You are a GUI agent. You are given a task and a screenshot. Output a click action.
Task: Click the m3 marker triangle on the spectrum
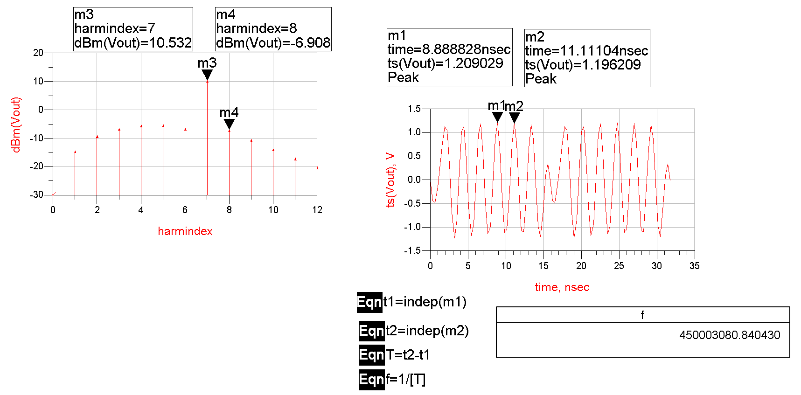click(x=207, y=75)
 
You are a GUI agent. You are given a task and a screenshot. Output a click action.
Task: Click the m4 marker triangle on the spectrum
click(x=229, y=124)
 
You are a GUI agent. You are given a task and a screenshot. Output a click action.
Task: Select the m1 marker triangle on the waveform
click(x=497, y=117)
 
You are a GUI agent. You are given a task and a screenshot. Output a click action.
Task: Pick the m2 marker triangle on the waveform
click(x=514, y=118)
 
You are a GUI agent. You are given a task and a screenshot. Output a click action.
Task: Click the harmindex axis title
click(x=185, y=231)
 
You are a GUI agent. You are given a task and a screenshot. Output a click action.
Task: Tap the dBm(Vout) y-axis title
click(x=16, y=125)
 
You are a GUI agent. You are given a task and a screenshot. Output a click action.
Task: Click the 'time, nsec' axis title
click(x=562, y=287)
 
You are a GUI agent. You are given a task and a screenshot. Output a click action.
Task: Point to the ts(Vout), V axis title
click(x=390, y=180)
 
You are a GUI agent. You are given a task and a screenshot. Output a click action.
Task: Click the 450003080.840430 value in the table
click(x=729, y=335)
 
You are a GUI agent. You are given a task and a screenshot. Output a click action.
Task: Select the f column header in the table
click(x=642, y=315)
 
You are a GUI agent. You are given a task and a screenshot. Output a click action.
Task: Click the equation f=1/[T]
click(x=405, y=380)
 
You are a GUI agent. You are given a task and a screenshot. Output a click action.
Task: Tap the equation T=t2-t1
click(x=407, y=355)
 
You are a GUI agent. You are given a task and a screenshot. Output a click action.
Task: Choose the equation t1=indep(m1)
click(x=425, y=302)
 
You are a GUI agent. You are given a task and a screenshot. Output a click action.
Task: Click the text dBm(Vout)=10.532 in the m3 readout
click(x=133, y=43)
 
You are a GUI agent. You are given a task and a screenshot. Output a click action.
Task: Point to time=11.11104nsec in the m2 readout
click(x=586, y=51)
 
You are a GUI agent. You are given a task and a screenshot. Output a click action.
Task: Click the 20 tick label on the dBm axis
click(x=38, y=53)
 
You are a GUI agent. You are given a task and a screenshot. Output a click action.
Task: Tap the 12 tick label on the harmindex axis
click(x=317, y=210)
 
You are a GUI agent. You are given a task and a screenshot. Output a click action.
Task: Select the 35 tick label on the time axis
click(x=694, y=266)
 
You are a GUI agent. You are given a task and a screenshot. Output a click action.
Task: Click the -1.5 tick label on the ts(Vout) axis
click(x=412, y=250)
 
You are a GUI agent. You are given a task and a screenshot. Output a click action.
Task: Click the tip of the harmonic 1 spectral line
click(x=75, y=152)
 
